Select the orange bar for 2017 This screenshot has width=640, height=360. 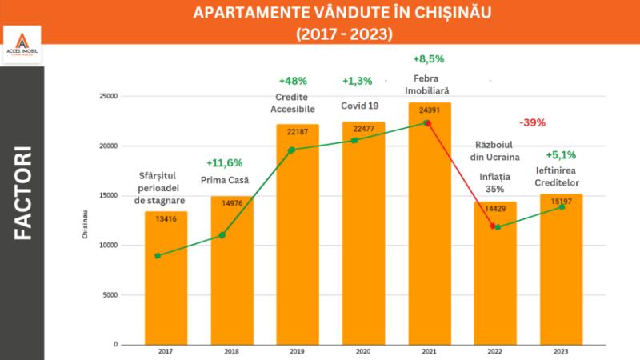166,280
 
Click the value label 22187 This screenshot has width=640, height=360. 298,130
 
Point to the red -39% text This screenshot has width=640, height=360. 532,122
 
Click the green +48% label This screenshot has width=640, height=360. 293,81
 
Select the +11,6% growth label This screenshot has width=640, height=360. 224,162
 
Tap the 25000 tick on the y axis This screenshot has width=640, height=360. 108,96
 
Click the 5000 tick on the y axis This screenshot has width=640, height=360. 110,294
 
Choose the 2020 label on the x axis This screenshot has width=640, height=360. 363,351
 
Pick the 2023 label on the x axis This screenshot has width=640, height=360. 561,351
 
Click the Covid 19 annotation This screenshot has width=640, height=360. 358,106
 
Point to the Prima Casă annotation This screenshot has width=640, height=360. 230,180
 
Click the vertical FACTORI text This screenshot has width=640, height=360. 22,192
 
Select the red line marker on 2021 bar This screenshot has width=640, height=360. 428,123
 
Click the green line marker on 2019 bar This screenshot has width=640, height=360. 291,150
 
